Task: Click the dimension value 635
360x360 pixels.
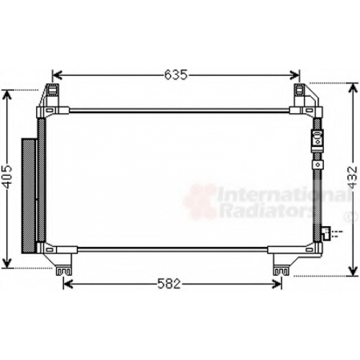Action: click(176, 75)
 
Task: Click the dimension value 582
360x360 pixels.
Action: click(169, 284)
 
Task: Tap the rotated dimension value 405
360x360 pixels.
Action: click(7, 177)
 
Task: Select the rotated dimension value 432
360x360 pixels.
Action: click(353, 177)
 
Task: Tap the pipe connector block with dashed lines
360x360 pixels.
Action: click(327, 233)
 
